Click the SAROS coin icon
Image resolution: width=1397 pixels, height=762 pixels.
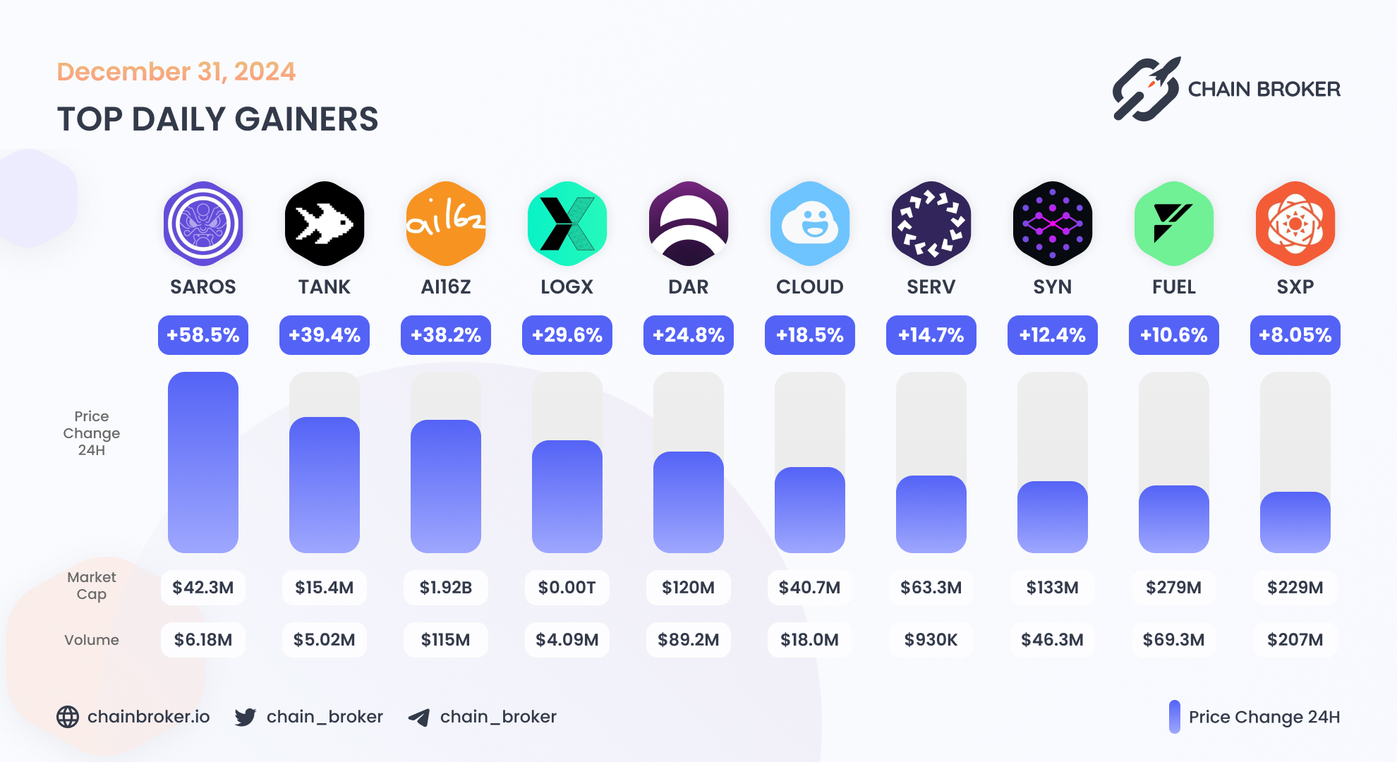click(203, 224)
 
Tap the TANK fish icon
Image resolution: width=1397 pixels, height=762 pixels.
click(325, 224)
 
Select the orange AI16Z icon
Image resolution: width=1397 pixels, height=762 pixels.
click(446, 224)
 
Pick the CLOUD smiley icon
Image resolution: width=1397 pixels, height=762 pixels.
click(810, 224)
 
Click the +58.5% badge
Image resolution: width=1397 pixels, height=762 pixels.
click(203, 335)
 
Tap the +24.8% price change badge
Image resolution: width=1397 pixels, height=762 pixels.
click(689, 335)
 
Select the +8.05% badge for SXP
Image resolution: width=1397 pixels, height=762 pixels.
click(1295, 335)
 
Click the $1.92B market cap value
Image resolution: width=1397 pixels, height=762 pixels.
click(446, 588)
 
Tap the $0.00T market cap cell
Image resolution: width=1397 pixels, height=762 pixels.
click(567, 588)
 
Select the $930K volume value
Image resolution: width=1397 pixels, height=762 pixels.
click(931, 640)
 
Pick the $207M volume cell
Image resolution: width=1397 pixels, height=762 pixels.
click(1295, 640)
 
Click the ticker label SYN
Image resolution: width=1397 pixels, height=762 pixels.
click(1053, 287)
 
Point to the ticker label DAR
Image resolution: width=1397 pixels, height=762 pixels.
click(689, 287)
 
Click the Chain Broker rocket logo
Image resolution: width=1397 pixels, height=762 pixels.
click(1147, 90)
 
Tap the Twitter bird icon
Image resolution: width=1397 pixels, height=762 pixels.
click(246, 718)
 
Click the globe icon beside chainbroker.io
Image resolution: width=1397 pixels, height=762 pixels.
click(68, 717)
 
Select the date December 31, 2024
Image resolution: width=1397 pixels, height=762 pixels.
click(176, 72)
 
